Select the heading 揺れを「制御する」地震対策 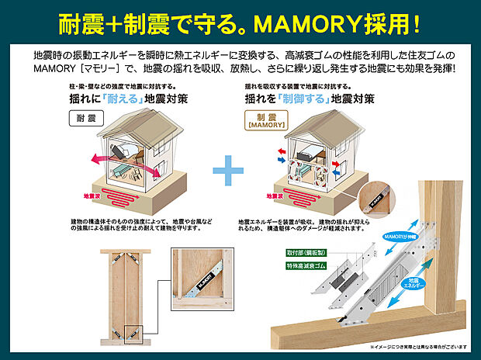pyautogui.click(x=310, y=100)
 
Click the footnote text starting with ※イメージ pyautogui.click(x=420, y=347)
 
